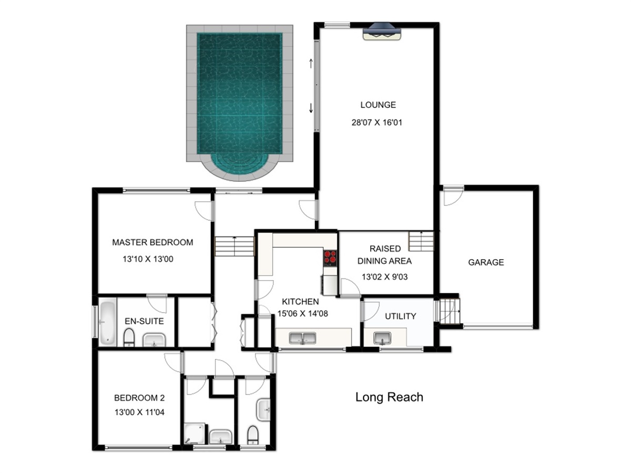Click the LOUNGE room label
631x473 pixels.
coord(378,105)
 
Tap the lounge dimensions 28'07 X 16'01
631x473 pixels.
coord(376,122)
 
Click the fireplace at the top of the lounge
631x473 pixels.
coord(381,32)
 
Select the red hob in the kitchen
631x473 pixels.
coord(330,257)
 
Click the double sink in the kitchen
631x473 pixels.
coord(302,338)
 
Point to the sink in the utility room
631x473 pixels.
coord(382,338)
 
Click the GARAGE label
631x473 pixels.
coord(486,262)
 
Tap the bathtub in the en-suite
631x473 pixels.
coord(107,321)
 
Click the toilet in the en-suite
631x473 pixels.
coord(129,337)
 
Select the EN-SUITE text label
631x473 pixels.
coord(144,321)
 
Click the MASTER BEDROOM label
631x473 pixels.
coord(152,242)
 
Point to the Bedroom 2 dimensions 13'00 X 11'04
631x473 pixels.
coord(139,412)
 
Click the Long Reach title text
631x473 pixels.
coord(389,397)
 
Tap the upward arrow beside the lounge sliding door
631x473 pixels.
coord(310,63)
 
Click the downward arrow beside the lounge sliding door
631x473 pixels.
coord(310,108)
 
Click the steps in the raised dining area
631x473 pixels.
coord(421,241)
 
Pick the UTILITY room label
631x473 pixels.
coord(401,316)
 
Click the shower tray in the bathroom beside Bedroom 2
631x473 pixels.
coord(195,433)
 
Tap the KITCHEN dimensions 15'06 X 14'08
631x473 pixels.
coord(302,313)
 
